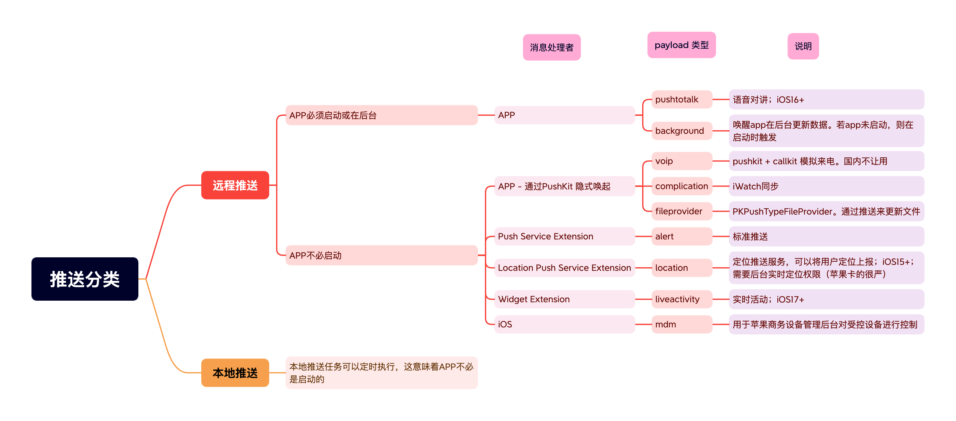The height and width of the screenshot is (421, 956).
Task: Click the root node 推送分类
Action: click(85, 279)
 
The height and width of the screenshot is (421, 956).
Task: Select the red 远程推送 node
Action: click(235, 185)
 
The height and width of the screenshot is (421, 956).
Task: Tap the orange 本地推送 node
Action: click(235, 372)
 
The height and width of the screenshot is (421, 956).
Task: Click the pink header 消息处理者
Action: click(552, 47)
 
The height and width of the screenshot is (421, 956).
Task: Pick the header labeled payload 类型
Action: click(681, 45)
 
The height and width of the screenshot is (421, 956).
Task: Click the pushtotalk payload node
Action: click(681, 99)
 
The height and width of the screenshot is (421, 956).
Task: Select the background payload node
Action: click(681, 131)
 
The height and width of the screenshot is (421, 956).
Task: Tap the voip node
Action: click(681, 161)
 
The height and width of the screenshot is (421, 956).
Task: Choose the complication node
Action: click(681, 186)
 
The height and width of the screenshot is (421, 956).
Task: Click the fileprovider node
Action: click(681, 211)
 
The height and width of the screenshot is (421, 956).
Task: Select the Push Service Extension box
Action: click(564, 236)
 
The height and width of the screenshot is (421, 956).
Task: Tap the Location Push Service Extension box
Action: click(564, 268)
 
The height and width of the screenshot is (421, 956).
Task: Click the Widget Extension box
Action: click(564, 299)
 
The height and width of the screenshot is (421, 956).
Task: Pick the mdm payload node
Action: click(681, 325)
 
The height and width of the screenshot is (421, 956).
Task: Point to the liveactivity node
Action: click(681, 299)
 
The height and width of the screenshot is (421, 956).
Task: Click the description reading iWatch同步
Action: click(826, 186)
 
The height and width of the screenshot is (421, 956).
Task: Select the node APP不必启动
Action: click(381, 255)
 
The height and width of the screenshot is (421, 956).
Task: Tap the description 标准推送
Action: click(826, 236)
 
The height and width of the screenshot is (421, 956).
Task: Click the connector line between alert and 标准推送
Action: click(721, 236)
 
